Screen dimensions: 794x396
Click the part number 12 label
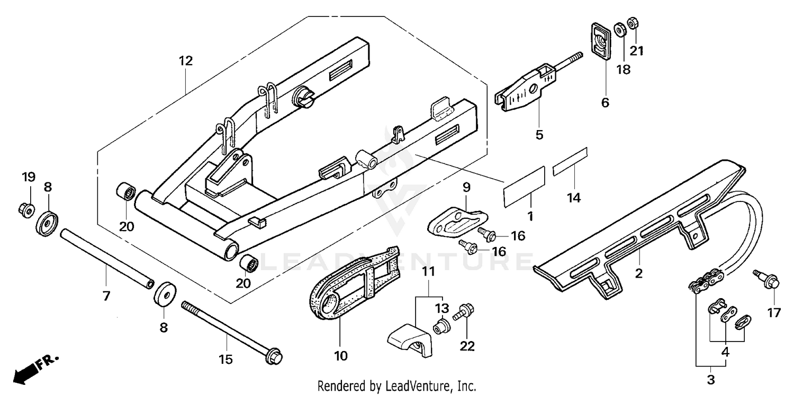pyautogui.click(x=186, y=61)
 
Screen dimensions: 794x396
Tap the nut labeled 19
pyautogui.click(x=26, y=209)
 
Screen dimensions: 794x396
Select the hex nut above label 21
pyautogui.click(x=633, y=23)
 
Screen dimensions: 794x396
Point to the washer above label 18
pyautogui.click(x=620, y=30)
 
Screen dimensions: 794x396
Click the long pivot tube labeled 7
pyautogui.click(x=107, y=259)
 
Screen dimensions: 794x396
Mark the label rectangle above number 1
pyautogui.click(x=524, y=187)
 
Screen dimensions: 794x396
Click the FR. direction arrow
pyautogui.click(x=35, y=369)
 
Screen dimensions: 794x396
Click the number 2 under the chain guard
pyautogui.click(x=638, y=273)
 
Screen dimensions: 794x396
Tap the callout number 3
pyautogui.click(x=711, y=380)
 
